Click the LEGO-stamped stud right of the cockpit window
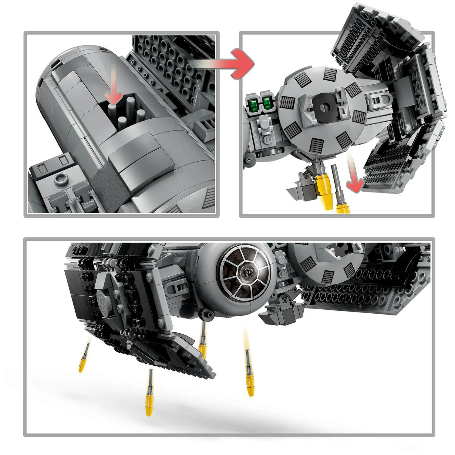pyautogui.click(x=282, y=273)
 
